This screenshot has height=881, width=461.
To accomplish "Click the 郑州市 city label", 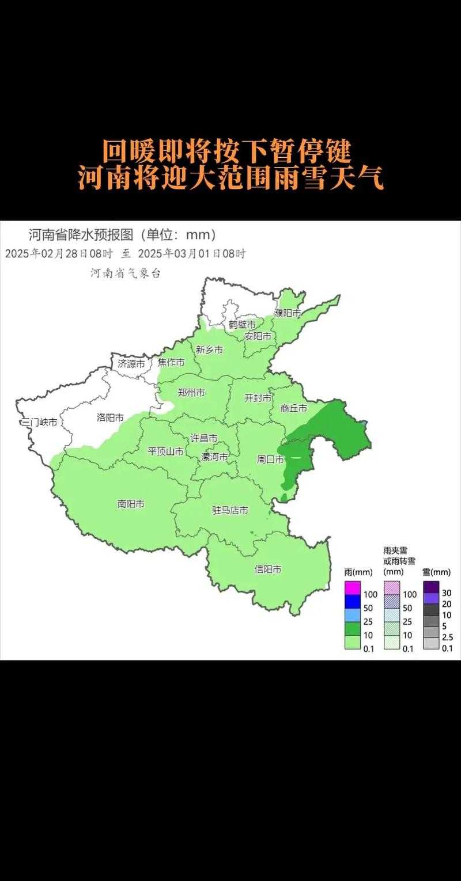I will coord(191,393).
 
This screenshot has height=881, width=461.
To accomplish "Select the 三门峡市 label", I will coord(39,423).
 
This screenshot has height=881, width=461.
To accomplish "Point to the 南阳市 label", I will coord(131,504).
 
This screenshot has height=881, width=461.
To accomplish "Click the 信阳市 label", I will coord(268,569).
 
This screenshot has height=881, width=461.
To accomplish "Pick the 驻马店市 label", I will coord(231,510).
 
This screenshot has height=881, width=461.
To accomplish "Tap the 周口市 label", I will coord(270,460).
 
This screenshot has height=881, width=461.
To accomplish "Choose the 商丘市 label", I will coord(294,408).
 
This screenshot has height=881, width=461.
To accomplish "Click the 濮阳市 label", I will coord(288,314).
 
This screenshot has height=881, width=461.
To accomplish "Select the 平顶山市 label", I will coord(166,451).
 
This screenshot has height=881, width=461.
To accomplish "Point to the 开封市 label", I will coord(258,398).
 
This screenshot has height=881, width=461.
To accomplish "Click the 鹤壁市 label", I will coord(242,325).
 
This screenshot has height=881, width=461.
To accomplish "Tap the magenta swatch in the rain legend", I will coord(352,588).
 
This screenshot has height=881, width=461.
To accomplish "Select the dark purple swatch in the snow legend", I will coord(432,587).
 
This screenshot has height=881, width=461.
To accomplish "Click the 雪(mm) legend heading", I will coord(436,572).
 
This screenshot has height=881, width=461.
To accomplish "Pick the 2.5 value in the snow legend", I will coord(447,637).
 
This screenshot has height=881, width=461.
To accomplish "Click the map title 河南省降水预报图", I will coord(81,235).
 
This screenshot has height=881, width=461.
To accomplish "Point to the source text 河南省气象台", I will coord(126,274).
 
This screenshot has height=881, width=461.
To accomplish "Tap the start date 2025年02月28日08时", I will coord(60,253).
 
